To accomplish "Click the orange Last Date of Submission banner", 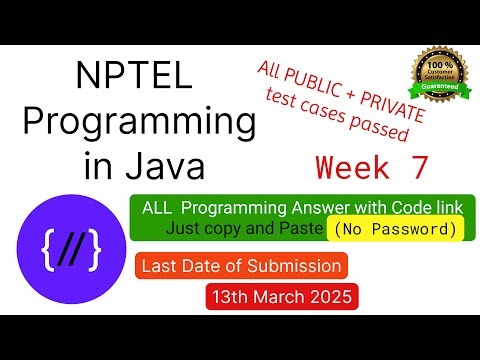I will [x=243, y=266].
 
